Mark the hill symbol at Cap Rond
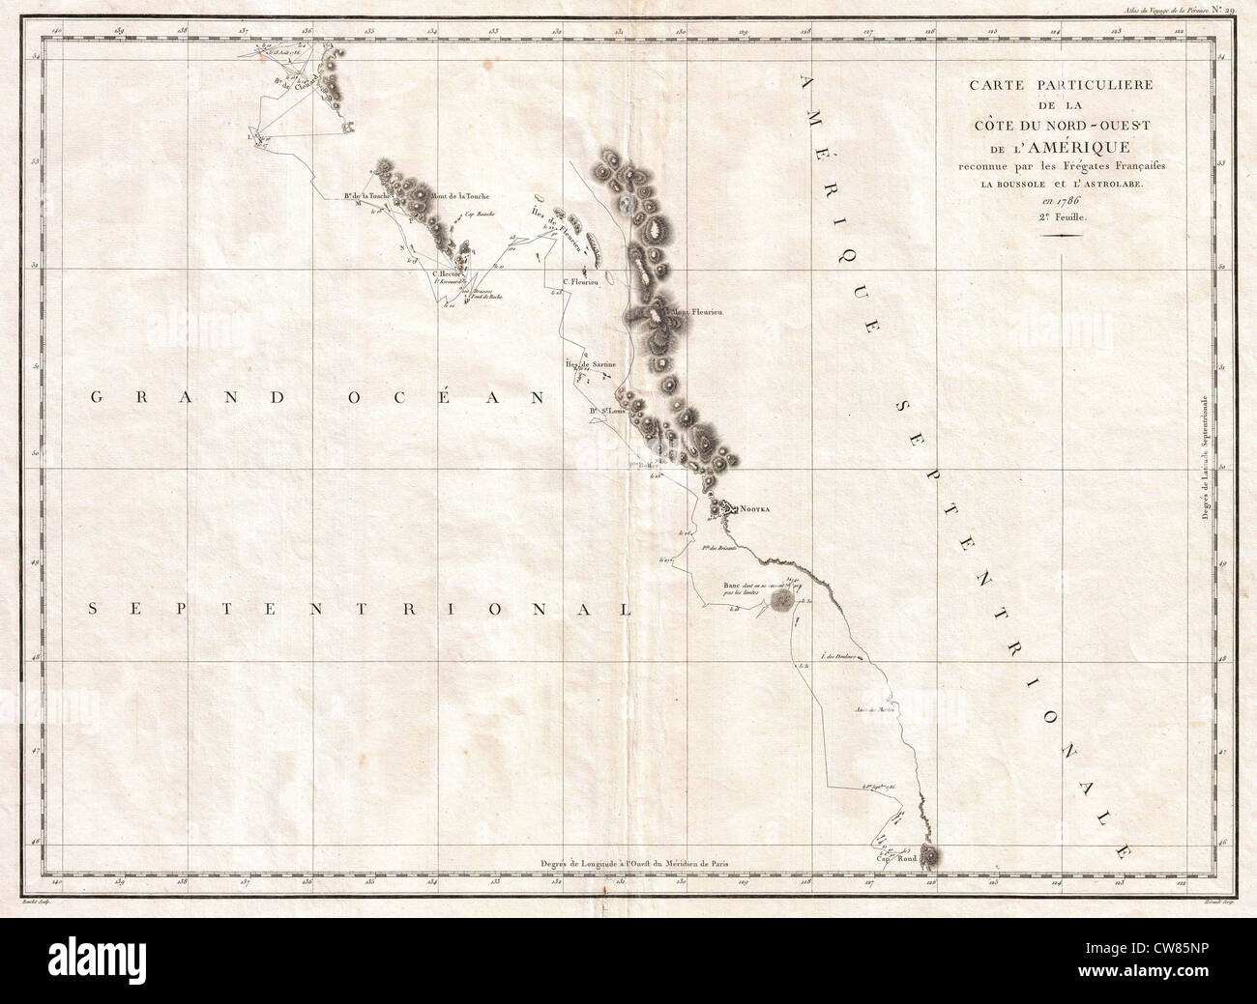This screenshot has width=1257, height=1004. click(x=930, y=852)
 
